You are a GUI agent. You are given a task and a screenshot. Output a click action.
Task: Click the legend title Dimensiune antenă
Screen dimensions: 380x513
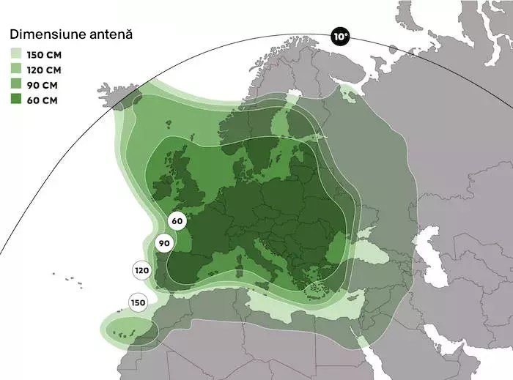click(x=70, y=34)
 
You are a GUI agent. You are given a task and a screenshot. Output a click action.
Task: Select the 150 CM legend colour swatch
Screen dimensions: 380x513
click(x=16, y=54)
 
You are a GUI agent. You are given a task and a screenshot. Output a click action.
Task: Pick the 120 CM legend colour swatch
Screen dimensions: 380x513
click(x=16, y=70)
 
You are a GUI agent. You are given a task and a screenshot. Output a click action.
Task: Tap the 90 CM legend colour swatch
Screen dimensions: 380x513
click(x=16, y=85)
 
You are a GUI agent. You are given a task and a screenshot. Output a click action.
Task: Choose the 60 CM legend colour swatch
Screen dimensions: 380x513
click(x=16, y=100)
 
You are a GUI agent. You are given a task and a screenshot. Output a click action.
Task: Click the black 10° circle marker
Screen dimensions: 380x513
click(x=339, y=37)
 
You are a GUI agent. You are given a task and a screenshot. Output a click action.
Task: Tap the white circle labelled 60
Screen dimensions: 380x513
click(x=177, y=220)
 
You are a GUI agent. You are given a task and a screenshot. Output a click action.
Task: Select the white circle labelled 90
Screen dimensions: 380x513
click(x=164, y=243)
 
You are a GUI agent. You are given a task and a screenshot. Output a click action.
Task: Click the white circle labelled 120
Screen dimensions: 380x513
click(x=142, y=271)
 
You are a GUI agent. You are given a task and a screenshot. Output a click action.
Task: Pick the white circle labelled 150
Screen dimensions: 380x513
click(x=137, y=302)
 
